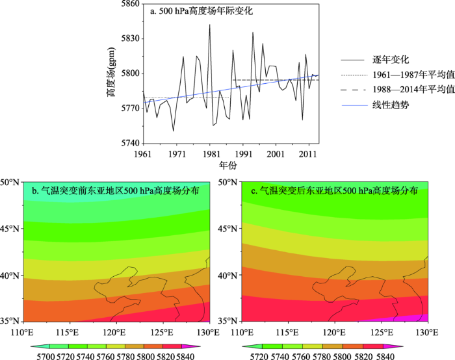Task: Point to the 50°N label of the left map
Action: click(11, 182)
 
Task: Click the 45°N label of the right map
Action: click(229, 229)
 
